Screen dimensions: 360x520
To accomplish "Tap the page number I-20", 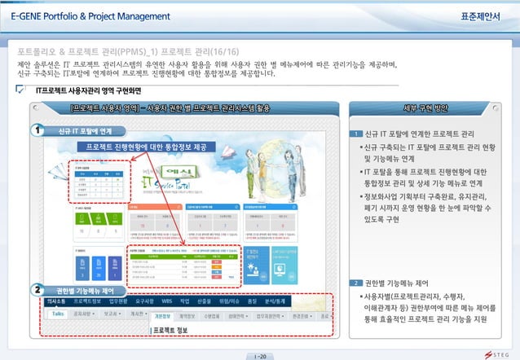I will pyautogui.click(x=260, y=356).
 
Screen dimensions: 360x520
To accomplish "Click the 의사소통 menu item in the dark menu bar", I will pyautogui.click(x=55, y=301).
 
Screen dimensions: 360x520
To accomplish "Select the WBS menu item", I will pyautogui.click(x=167, y=301).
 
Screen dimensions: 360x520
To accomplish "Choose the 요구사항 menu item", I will pyautogui.click(x=140, y=301).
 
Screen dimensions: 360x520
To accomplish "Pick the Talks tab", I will pyautogui.click(x=59, y=314).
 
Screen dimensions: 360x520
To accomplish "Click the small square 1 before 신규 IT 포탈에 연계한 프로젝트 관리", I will pyautogui.click(x=356, y=134).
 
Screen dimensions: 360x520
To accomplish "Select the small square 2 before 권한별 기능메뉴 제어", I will pyautogui.click(x=356, y=283).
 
